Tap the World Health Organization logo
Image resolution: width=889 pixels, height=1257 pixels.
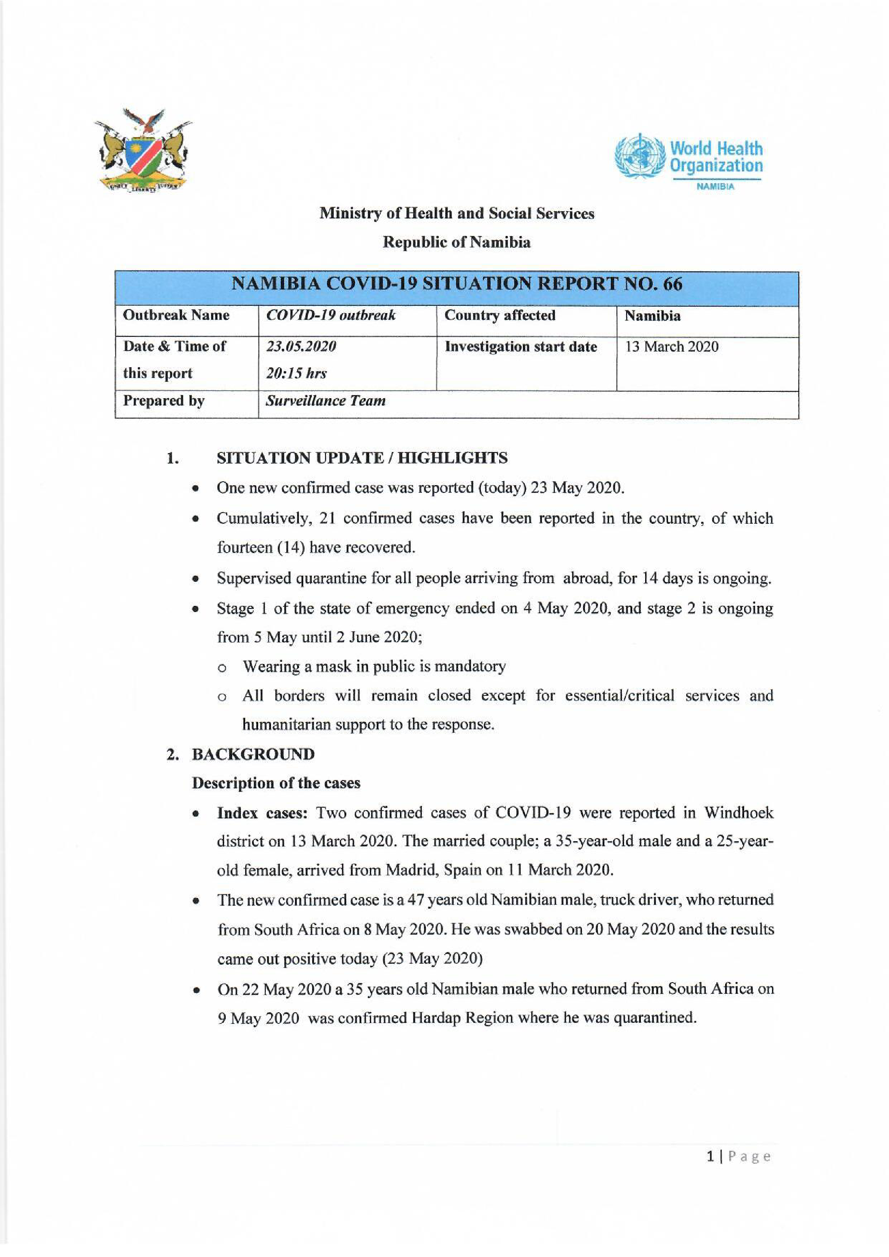point(689,159)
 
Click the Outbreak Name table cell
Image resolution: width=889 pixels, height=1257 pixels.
point(176,315)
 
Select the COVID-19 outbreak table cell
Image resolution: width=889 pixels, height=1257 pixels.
point(331,315)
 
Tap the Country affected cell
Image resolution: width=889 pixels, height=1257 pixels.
point(499,315)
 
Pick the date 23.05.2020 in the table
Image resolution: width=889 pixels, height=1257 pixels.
point(301,347)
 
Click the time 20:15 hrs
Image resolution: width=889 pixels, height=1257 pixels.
point(296,373)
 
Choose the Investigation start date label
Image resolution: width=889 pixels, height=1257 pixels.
point(520,347)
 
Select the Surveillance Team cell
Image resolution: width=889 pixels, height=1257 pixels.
point(326,401)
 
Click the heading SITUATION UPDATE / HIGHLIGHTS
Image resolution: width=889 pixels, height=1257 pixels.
point(362,458)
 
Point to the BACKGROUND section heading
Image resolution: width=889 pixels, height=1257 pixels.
point(253,754)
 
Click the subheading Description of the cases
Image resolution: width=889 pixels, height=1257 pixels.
point(276,783)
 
